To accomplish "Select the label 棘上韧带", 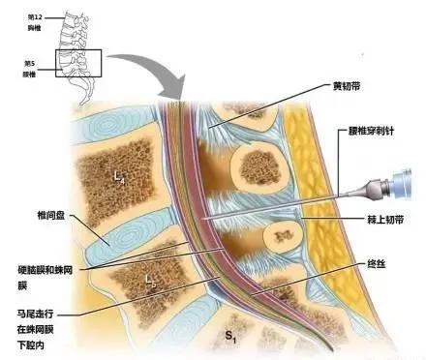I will (374, 219).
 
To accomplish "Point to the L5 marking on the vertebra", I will (150, 282).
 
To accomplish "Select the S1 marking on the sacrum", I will (230, 336).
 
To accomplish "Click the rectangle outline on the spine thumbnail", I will (77, 63).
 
